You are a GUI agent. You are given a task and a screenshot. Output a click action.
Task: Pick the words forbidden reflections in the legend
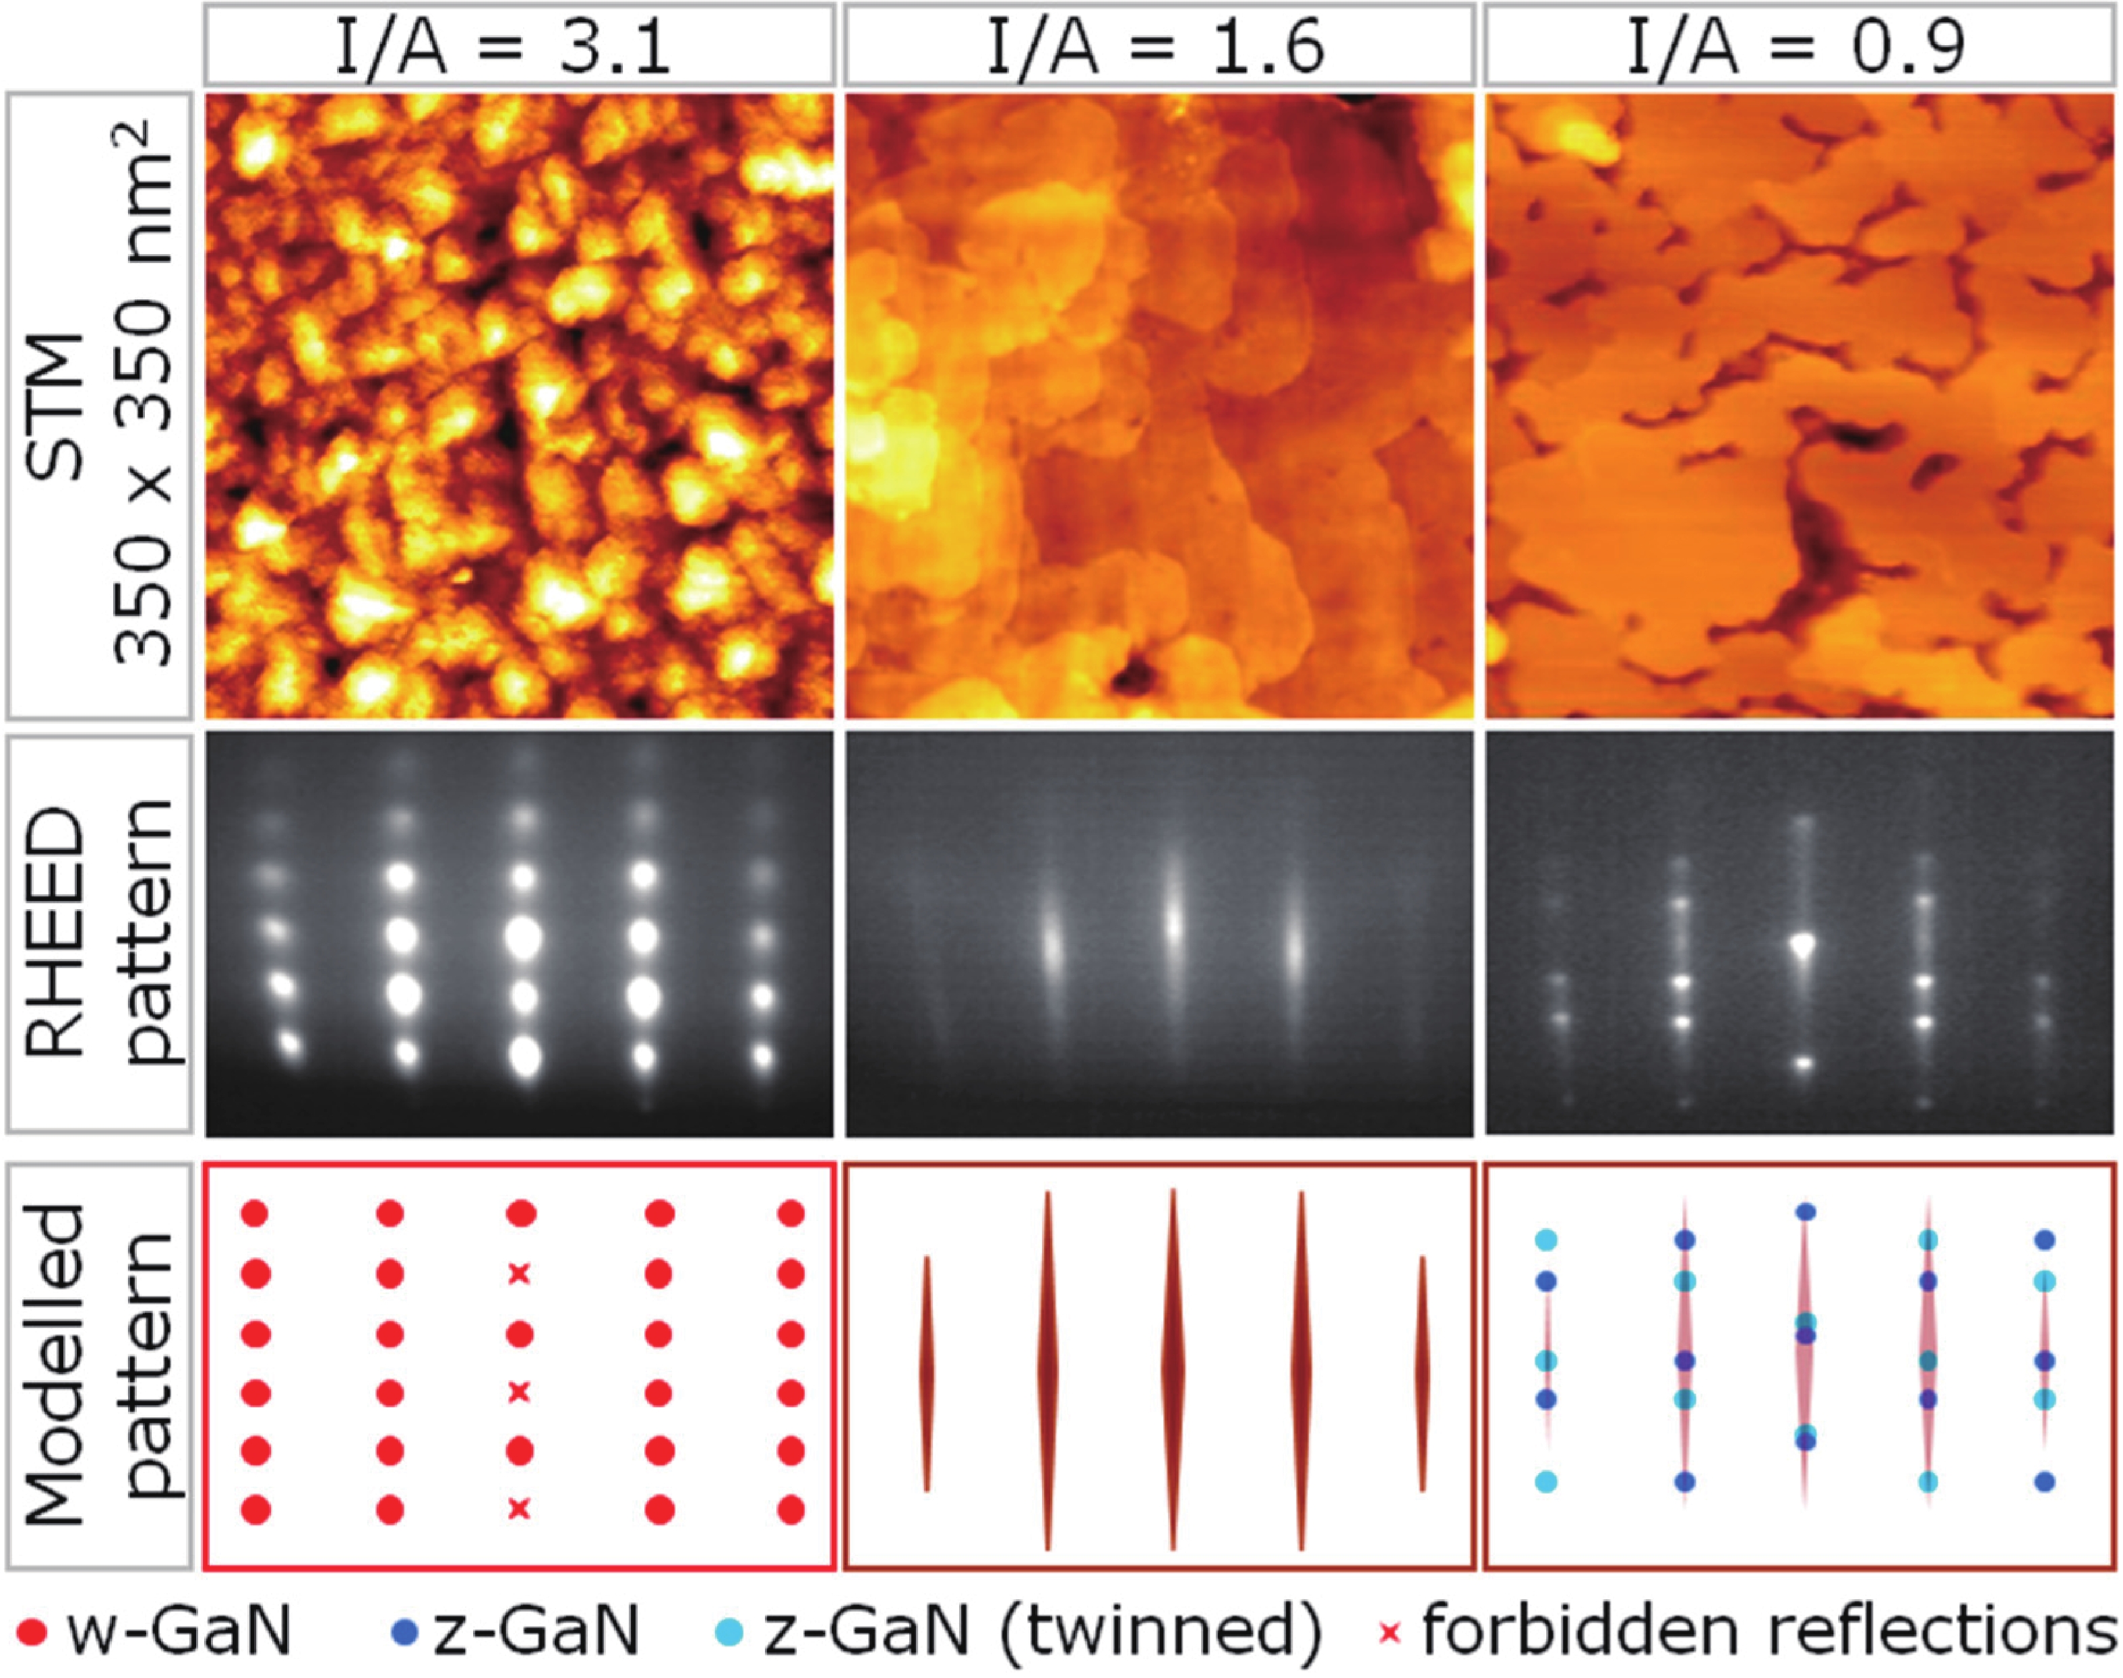coord(1768,1631)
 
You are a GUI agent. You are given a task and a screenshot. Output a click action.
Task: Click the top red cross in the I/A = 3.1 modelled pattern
coord(520,1274)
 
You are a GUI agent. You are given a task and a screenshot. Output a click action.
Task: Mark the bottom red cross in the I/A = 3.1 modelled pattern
coord(520,1508)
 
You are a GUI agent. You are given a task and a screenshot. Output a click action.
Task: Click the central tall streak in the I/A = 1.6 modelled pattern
coord(1173,1365)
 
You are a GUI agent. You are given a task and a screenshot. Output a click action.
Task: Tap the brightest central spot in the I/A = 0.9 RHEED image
coord(1803,945)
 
